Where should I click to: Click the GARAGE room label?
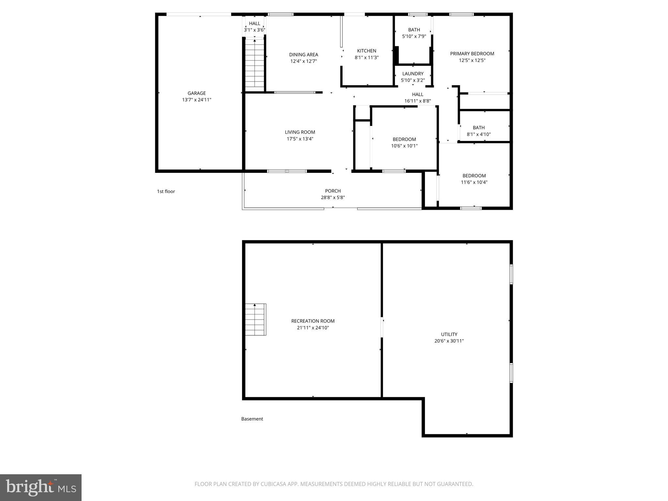point(196,93)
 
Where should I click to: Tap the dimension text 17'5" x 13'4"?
point(300,139)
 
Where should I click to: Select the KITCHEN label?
point(366,51)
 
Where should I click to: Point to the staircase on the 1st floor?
point(254,64)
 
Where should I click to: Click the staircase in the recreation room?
point(255,320)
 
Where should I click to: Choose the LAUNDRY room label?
point(413,74)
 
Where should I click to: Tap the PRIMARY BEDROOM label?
point(472,53)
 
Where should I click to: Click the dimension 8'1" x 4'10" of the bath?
point(478,134)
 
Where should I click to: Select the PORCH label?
point(333,191)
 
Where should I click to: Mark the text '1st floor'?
point(166,191)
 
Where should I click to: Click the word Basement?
point(252,419)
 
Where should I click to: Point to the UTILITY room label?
point(449,334)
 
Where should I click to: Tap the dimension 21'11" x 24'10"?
point(313,328)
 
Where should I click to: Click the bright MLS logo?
point(41,488)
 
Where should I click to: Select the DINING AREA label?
point(303,55)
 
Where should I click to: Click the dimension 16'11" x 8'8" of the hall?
point(417,101)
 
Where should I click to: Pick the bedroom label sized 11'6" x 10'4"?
point(474,176)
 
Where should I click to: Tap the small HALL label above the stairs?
point(254,23)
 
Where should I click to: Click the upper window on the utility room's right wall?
point(511,274)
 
